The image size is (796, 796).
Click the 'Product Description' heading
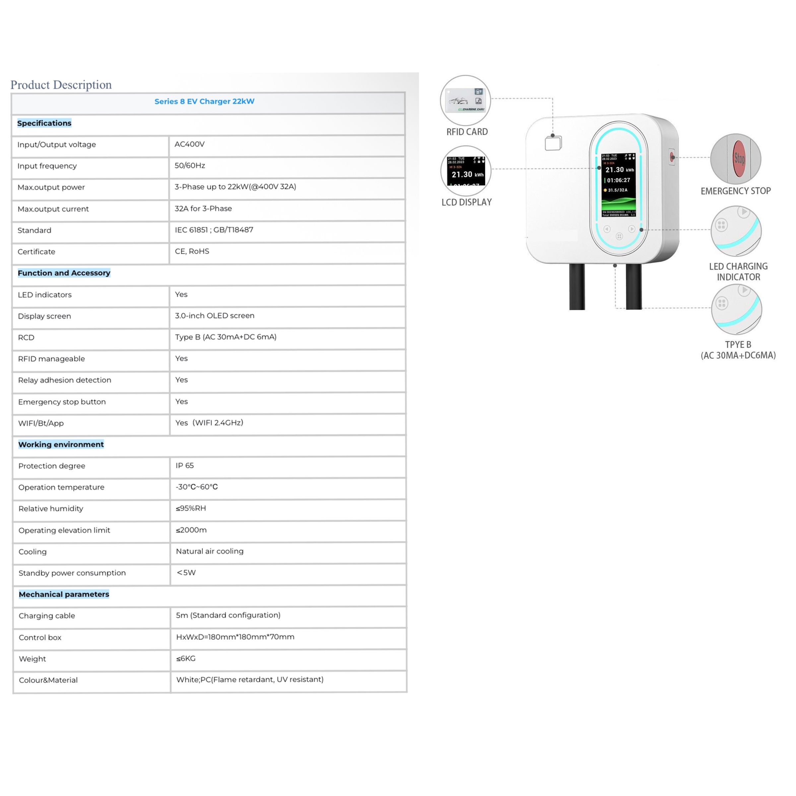pyautogui.click(x=61, y=85)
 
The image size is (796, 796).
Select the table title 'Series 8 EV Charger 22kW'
pyautogui.click(x=204, y=101)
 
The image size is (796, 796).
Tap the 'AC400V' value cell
pyautogui.click(x=189, y=144)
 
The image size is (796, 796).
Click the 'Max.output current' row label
pyautogui.click(x=53, y=209)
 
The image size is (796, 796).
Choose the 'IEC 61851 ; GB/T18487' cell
pyautogui.click(x=214, y=230)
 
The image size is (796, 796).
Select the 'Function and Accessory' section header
pyautogui.click(x=64, y=273)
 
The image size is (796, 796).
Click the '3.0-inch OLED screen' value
pyautogui.click(x=215, y=316)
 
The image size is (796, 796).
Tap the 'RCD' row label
pyautogui.click(x=26, y=337)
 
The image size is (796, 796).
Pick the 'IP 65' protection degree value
pyautogui.click(x=185, y=466)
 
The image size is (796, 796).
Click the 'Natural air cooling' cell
pyautogui.click(x=210, y=551)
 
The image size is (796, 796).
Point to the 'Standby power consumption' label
pyautogui.click(x=72, y=573)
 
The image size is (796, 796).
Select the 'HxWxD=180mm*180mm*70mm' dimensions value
pyautogui.click(x=235, y=637)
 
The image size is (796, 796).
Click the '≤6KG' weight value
pyautogui.click(x=186, y=658)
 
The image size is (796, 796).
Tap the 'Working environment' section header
pyautogui.click(x=61, y=444)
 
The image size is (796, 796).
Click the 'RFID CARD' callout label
pyautogui.click(x=467, y=132)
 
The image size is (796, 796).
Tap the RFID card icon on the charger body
pyautogui.click(x=553, y=143)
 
